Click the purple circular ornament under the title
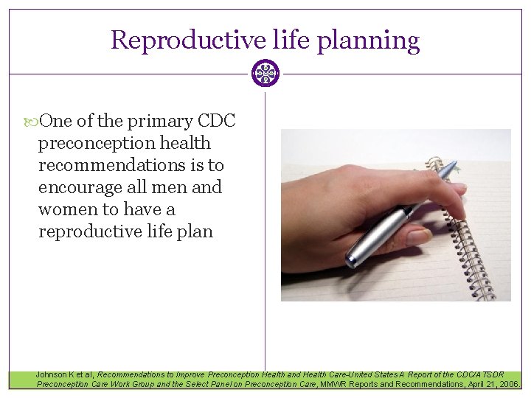265,74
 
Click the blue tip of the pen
451,170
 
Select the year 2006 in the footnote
508,384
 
